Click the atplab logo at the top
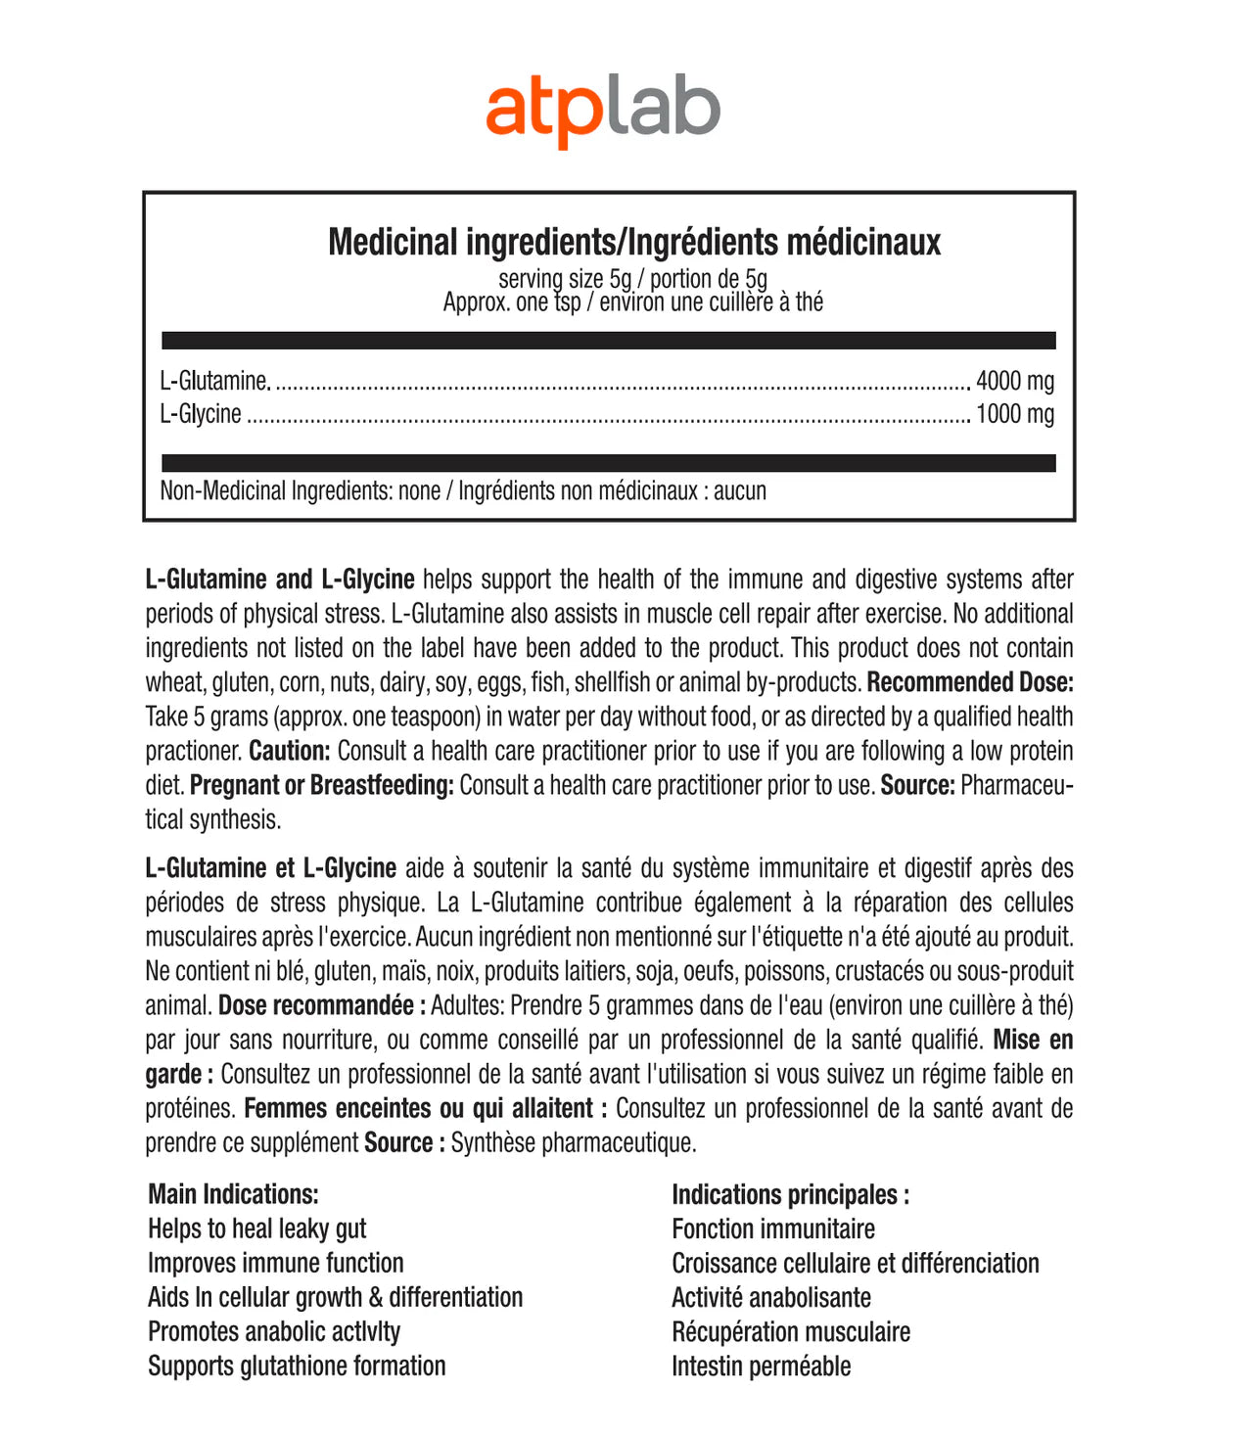click(603, 112)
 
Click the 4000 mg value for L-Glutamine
click(1015, 381)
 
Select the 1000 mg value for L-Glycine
click(1015, 414)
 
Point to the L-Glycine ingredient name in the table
click(201, 414)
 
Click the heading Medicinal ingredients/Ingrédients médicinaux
click(634, 242)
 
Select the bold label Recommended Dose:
click(970, 682)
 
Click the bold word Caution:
click(290, 751)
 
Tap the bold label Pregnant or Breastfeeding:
click(322, 785)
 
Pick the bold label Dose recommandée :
click(322, 1005)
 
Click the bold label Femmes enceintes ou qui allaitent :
click(426, 1108)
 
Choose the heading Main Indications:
click(233, 1194)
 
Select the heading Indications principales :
click(790, 1194)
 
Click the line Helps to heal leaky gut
click(256, 1228)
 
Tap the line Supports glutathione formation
click(297, 1366)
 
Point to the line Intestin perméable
click(761, 1366)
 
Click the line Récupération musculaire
click(790, 1331)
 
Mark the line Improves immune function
click(275, 1263)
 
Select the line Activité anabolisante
click(770, 1297)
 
